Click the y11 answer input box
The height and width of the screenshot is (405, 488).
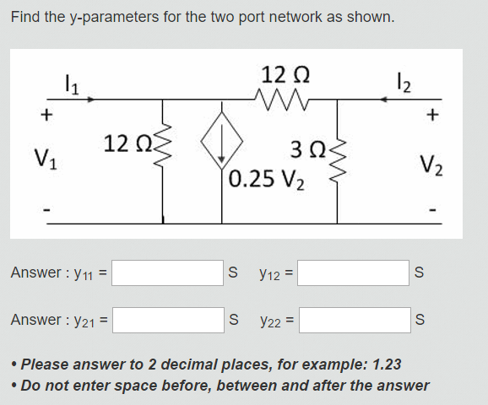(167, 273)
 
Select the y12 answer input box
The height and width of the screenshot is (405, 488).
(353, 273)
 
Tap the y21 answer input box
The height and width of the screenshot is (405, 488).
(168, 320)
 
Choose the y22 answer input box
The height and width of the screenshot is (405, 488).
(355, 320)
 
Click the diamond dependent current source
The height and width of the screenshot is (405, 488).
(221, 141)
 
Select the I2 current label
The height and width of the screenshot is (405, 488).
(404, 83)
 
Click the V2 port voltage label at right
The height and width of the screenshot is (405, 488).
(431, 165)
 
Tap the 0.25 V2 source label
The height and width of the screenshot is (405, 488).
(267, 180)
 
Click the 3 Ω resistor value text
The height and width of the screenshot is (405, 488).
(308, 149)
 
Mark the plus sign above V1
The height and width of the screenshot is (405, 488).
(46, 115)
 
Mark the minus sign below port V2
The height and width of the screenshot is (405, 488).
(432, 210)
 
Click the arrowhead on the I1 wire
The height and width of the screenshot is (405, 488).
(90, 100)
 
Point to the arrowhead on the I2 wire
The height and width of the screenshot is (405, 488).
(384, 100)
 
